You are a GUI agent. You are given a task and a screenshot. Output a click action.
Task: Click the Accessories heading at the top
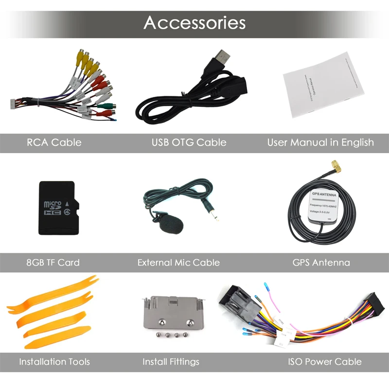click(194, 23)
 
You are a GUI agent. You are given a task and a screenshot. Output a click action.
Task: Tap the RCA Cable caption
click(54, 142)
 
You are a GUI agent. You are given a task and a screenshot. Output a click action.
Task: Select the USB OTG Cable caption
click(189, 142)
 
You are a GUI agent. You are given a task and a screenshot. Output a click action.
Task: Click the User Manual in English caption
click(320, 142)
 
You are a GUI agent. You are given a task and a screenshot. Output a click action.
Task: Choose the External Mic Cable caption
click(178, 263)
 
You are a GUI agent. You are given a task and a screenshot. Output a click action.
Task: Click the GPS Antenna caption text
click(321, 263)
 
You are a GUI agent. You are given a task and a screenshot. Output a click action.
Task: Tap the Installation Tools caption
click(54, 362)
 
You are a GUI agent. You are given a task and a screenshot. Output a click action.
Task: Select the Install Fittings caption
click(171, 362)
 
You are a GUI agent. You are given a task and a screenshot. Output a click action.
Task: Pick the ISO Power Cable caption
click(324, 362)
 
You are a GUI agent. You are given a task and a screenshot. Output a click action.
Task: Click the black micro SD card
click(56, 208)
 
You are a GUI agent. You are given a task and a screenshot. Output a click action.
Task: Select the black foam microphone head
click(171, 225)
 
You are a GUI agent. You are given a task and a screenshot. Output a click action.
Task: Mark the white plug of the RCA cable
click(14, 103)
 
